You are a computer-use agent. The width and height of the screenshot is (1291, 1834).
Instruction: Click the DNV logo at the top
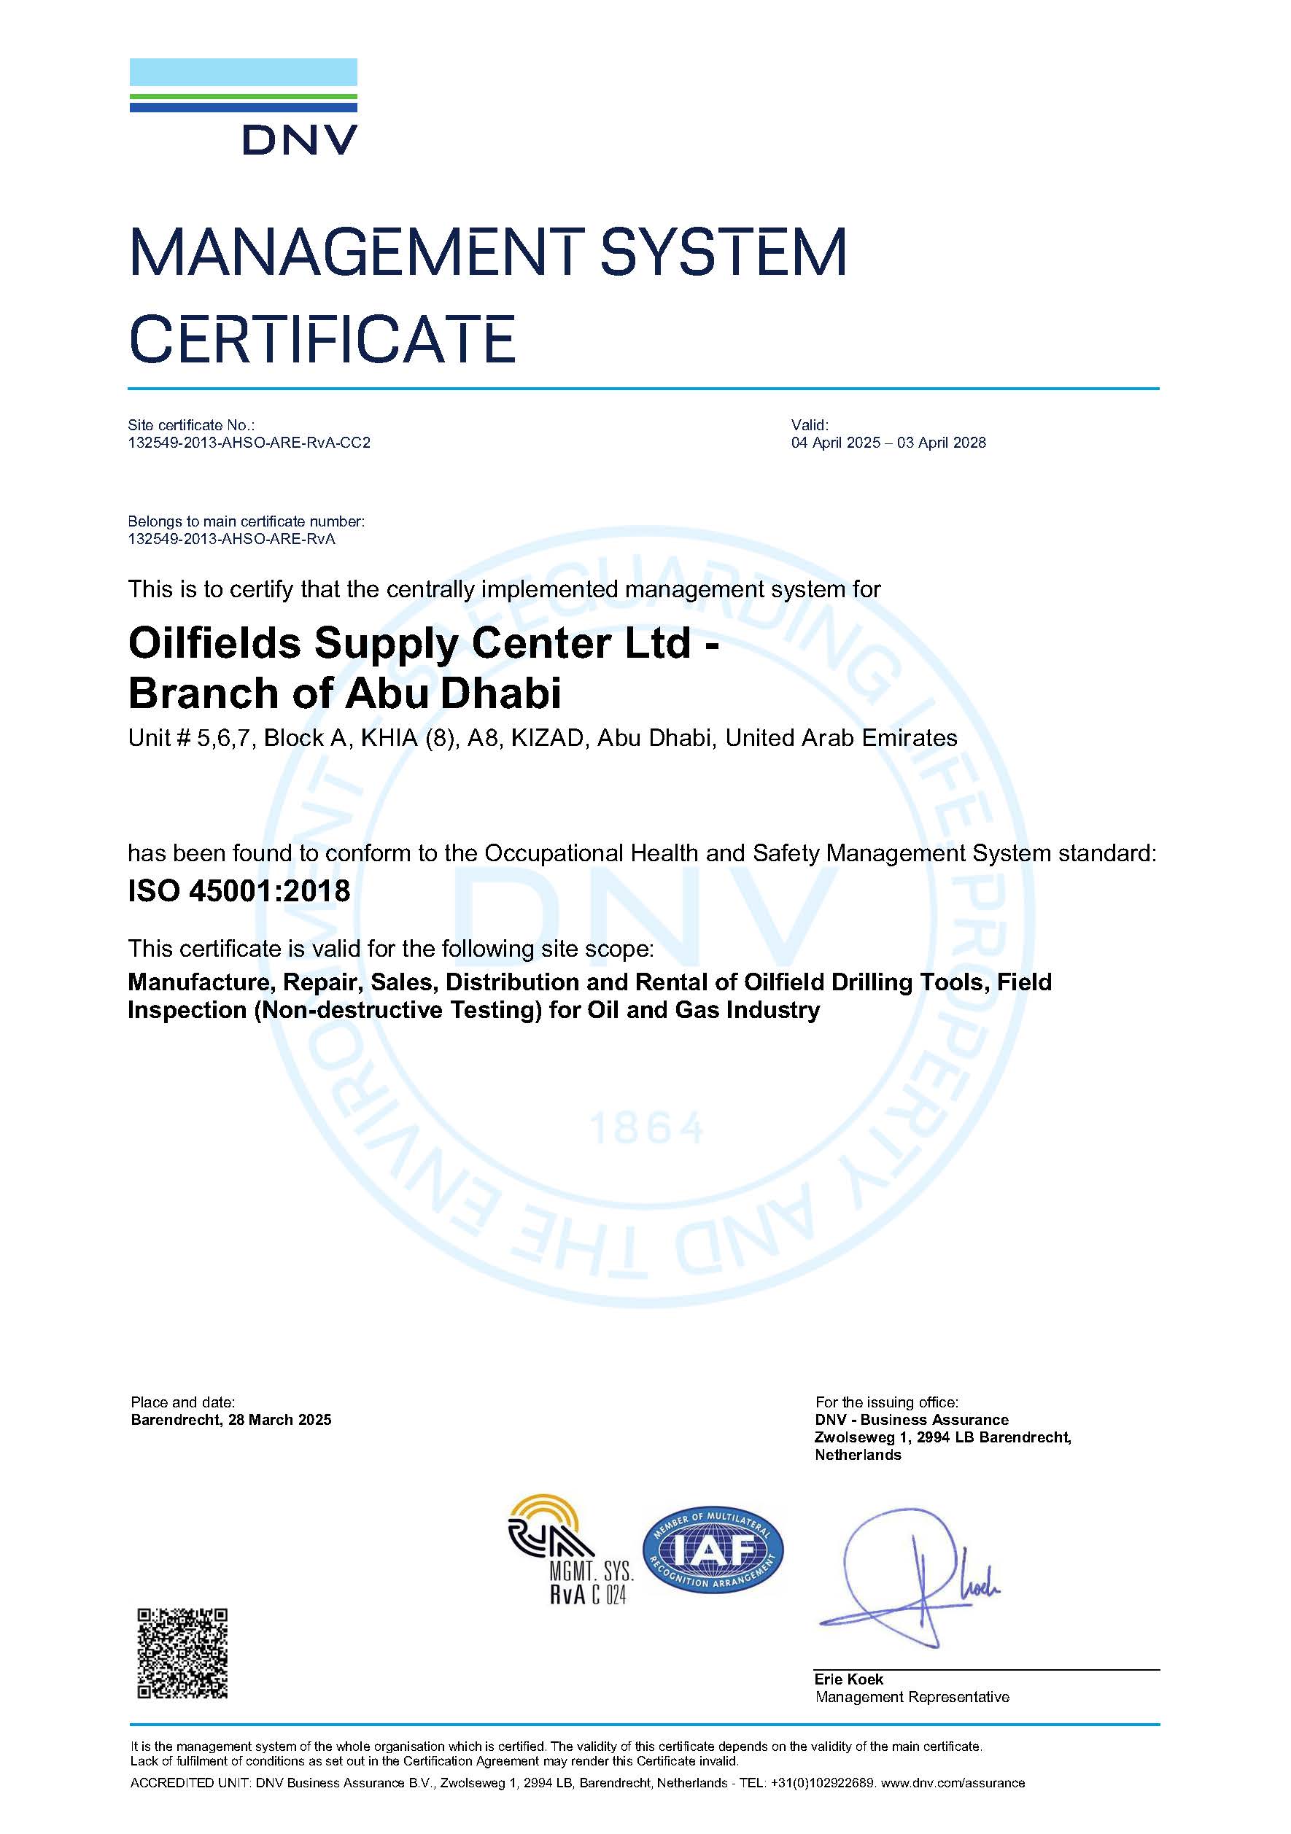[x=243, y=107]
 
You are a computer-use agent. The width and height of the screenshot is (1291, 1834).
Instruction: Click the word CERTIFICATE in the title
[x=322, y=338]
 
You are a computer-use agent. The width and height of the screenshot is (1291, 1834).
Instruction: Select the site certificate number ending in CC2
[x=249, y=443]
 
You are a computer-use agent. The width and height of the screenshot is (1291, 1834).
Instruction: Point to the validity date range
[x=888, y=443]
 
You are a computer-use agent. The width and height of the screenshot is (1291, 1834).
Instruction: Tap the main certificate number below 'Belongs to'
[x=231, y=538]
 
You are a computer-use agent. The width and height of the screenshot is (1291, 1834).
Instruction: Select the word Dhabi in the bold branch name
[x=501, y=693]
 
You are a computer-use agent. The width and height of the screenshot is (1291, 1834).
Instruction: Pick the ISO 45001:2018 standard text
[x=239, y=890]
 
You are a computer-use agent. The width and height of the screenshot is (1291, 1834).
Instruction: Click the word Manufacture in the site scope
[x=200, y=982]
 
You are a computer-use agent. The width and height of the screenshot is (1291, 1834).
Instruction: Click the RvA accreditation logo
[x=570, y=1550]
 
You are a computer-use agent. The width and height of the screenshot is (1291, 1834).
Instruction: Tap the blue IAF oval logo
[x=713, y=1550]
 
